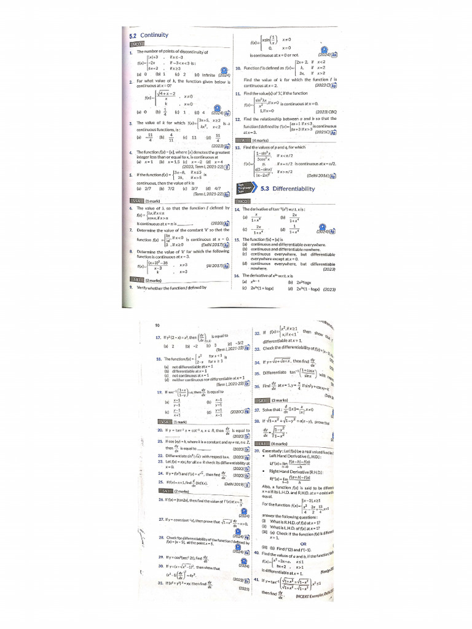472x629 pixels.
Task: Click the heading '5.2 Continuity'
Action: [x=145, y=36]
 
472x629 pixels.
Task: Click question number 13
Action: [x=238, y=147]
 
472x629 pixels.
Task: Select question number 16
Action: [x=237, y=276]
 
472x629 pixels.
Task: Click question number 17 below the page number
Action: [x=159, y=337]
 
